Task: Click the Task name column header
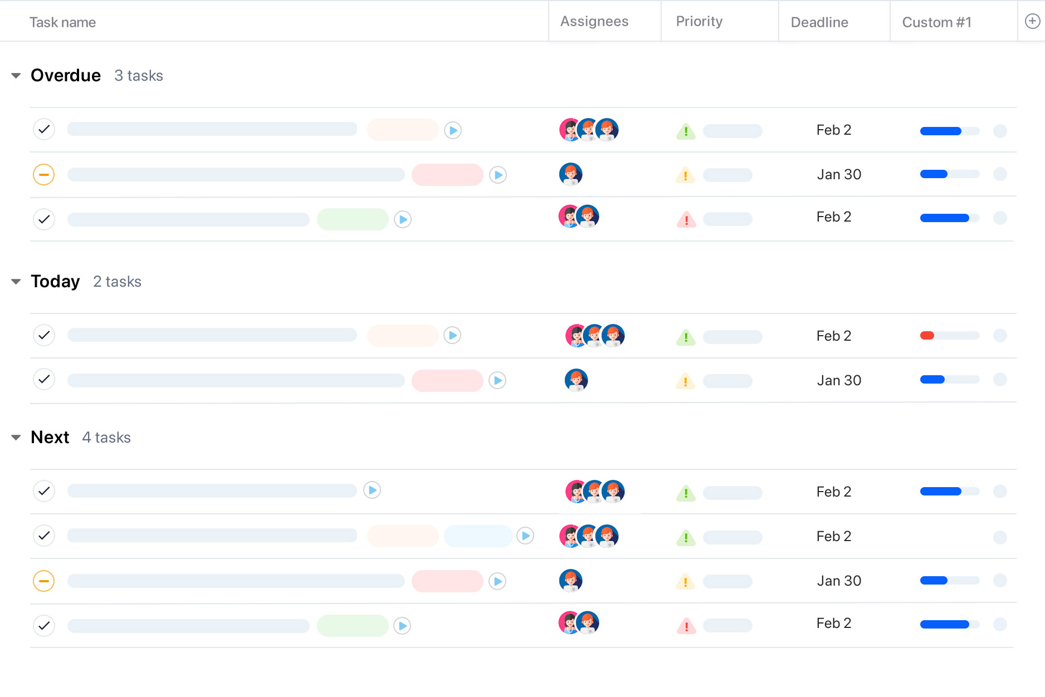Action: point(62,22)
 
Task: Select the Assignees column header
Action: point(594,21)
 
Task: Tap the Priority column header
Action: point(699,21)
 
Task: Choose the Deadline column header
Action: point(819,22)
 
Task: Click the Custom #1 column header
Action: point(936,22)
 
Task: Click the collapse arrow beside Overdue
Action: point(16,76)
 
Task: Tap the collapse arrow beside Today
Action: point(16,282)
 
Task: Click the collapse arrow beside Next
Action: point(16,438)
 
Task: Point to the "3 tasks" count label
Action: point(139,76)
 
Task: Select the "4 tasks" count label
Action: point(106,438)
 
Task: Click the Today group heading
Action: point(55,282)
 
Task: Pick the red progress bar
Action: point(927,336)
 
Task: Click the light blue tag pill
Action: point(478,536)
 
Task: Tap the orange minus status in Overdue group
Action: point(43,175)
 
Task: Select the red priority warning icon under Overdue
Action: point(686,219)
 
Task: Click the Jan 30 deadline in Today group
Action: point(839,380)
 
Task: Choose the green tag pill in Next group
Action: point(353,626)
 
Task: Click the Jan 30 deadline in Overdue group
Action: point(839,174)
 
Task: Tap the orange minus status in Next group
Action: point(43,581)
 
